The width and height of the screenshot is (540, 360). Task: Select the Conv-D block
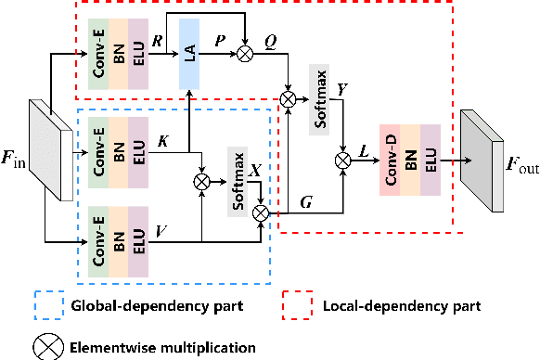[389, 157]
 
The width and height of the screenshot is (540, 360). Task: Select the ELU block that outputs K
[137, 148]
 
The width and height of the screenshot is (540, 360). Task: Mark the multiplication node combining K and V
[200, 183]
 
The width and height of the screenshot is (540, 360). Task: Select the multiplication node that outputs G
[260, 212]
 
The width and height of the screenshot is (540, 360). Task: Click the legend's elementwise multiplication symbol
[44, 345]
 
